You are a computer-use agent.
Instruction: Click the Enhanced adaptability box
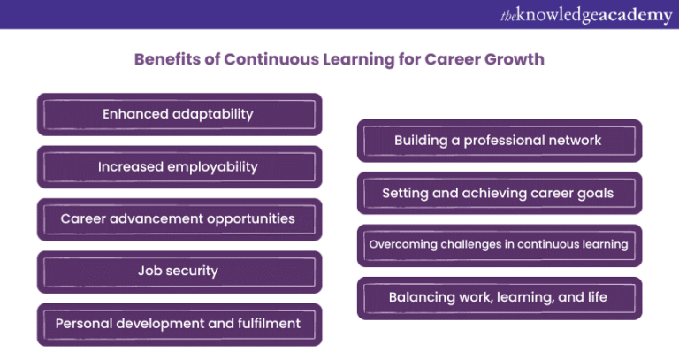[178, 114]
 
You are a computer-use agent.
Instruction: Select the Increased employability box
[178, 166]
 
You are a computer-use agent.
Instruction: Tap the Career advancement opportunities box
[178, 218]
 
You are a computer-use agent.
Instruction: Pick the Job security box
[178, 272]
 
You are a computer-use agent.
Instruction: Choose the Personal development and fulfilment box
[178, 324]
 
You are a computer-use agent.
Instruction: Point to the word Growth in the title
[513, 59]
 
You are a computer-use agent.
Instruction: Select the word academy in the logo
[637, 15]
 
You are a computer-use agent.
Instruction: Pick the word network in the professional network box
[573, 141]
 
